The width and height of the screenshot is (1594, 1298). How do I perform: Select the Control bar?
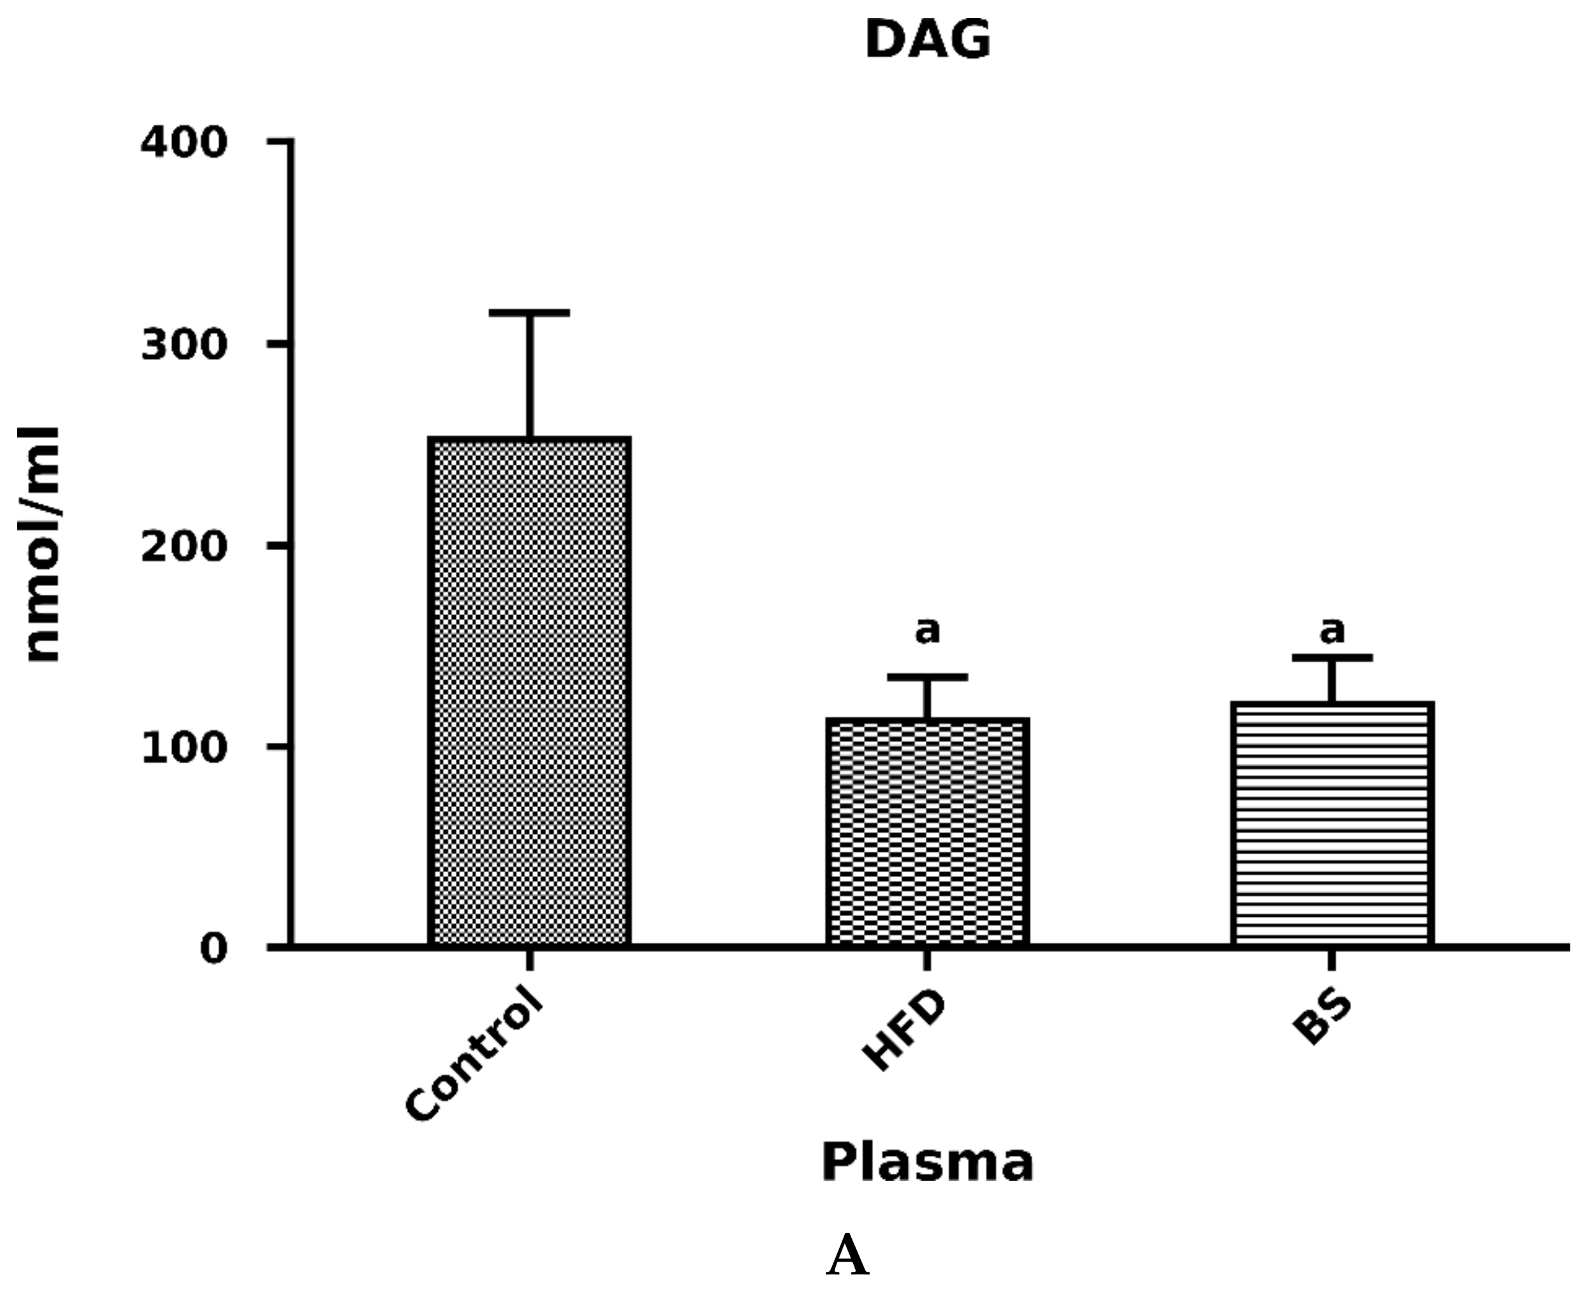click(529, 692)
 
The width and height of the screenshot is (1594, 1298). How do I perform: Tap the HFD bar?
click(927, 831)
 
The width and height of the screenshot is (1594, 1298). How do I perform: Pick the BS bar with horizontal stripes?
click(1331, 824)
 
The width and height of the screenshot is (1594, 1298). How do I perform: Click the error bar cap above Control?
click(529, 312)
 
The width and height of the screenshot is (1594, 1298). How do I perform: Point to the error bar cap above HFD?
click(927, 676)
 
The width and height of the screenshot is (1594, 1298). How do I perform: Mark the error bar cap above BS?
click(1331, 657)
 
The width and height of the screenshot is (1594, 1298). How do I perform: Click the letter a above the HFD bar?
click(927, 631)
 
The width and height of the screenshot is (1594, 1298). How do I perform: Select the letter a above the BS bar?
click(1331, 631)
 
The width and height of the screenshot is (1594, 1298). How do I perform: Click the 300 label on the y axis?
click(184, 345)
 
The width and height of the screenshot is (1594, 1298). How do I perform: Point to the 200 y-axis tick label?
click(184, 546)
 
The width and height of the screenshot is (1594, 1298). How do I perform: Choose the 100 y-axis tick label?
click(184, 748)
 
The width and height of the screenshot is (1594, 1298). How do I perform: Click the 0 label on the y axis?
click(213, 949)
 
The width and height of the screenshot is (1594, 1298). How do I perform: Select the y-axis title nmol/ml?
click(41, 544)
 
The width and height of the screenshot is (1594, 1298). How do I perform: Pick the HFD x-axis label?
click(904, 1031)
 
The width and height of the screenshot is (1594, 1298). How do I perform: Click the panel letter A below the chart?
click(847, 1257)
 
